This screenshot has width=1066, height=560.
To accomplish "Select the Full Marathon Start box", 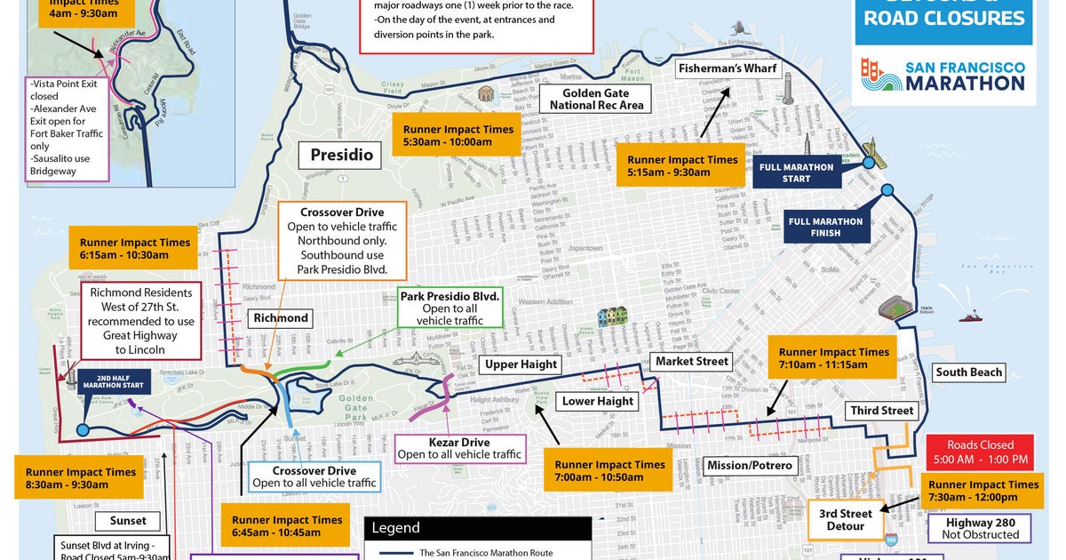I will point(796,172).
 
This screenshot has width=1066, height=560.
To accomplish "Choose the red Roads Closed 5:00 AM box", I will point(980,452).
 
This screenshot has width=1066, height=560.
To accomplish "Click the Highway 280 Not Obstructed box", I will point(982,528).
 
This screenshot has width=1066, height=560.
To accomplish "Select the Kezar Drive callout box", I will point(459,448).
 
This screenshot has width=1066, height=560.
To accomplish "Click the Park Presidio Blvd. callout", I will point(450,307).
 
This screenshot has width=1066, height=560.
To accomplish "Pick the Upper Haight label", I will point(521,364).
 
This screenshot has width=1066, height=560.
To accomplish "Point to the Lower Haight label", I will point(598,401).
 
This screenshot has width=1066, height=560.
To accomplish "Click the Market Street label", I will point(692,361).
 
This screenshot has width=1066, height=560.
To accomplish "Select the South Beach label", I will point(967,372).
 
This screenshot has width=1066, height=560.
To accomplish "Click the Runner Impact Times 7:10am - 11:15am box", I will point(833,359).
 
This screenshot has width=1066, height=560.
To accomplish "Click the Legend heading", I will point(395,528).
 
